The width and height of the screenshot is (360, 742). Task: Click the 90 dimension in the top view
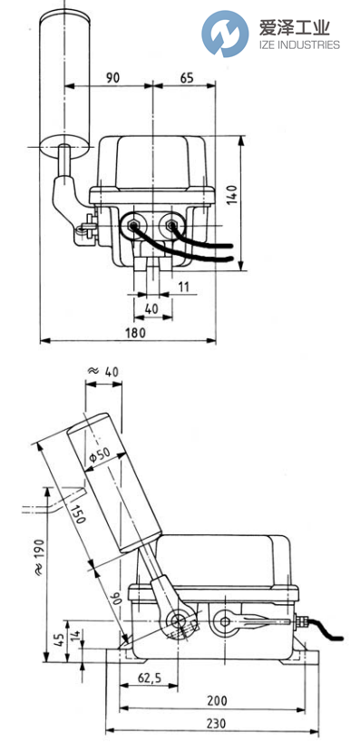point(112,78)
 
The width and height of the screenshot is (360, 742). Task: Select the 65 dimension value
point(185,78)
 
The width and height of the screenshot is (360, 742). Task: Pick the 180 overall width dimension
point(133,332)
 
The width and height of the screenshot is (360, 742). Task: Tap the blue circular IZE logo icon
point(224,34)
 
